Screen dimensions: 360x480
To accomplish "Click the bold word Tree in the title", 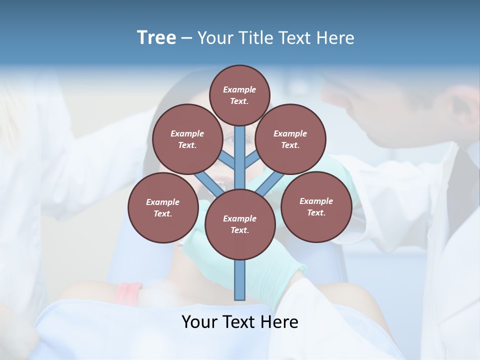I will [156, 38].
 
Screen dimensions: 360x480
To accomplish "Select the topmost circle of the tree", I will [239, 95].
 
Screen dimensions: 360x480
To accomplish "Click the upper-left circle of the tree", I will [187, 139].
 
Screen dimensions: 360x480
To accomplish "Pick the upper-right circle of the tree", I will [290, 139].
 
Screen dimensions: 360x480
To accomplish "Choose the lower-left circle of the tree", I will [163, 207].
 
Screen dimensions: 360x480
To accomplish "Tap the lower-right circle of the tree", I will [316, 206].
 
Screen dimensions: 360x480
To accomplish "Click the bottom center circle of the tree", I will [240, 224].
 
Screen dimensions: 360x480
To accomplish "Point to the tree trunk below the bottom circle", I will [240, 280].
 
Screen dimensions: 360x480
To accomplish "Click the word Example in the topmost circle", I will [239, 89].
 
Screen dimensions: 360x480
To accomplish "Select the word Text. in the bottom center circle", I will [239, 230].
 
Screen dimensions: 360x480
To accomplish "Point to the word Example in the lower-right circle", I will [316, 201].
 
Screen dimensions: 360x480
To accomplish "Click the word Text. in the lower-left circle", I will [162, 213].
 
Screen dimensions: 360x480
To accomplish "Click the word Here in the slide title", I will [337, 38].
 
